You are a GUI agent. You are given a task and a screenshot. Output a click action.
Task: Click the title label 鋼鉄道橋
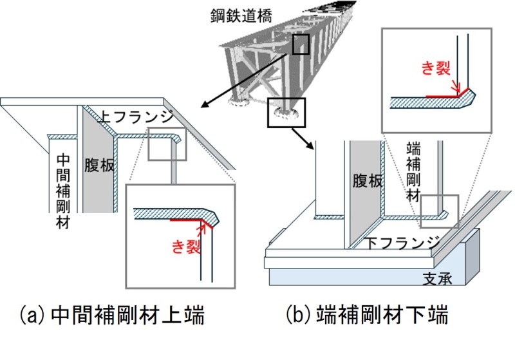click(241, 15)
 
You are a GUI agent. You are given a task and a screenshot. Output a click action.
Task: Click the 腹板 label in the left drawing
click(99, 165)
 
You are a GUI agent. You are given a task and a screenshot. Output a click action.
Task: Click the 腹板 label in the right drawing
click(368, 181)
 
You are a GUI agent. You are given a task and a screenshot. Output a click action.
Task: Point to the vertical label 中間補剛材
click(63, 191)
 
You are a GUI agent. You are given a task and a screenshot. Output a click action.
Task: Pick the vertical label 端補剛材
click(413, 171)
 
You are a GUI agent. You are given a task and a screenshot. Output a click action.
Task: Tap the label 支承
click(437, 279)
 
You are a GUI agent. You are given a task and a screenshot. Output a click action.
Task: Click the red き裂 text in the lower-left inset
click(186, 246)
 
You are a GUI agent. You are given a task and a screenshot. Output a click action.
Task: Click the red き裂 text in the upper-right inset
click(436, 68)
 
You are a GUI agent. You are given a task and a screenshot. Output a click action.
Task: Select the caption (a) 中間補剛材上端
click(112, 315)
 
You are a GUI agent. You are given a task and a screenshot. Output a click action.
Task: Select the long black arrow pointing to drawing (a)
click(244, 81)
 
